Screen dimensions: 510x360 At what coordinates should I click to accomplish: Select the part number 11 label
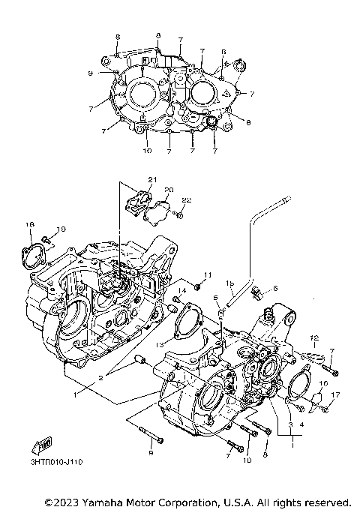(208, 274)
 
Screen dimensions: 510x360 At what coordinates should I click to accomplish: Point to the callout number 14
(182, 290)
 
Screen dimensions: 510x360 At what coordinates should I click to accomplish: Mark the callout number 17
(335, 394)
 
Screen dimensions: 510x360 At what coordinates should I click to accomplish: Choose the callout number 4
(301, 424)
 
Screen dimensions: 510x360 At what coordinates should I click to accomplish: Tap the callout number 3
(289, 424)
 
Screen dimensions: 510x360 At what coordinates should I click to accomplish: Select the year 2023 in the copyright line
(63, 501)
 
